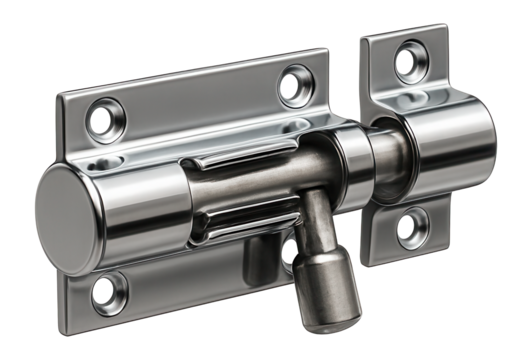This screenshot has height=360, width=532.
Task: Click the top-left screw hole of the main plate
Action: [x=104, y=121]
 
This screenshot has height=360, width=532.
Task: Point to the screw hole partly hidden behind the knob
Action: [x=291, y=250]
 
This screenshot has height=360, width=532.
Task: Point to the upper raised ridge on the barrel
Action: [x=234, y=164]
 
